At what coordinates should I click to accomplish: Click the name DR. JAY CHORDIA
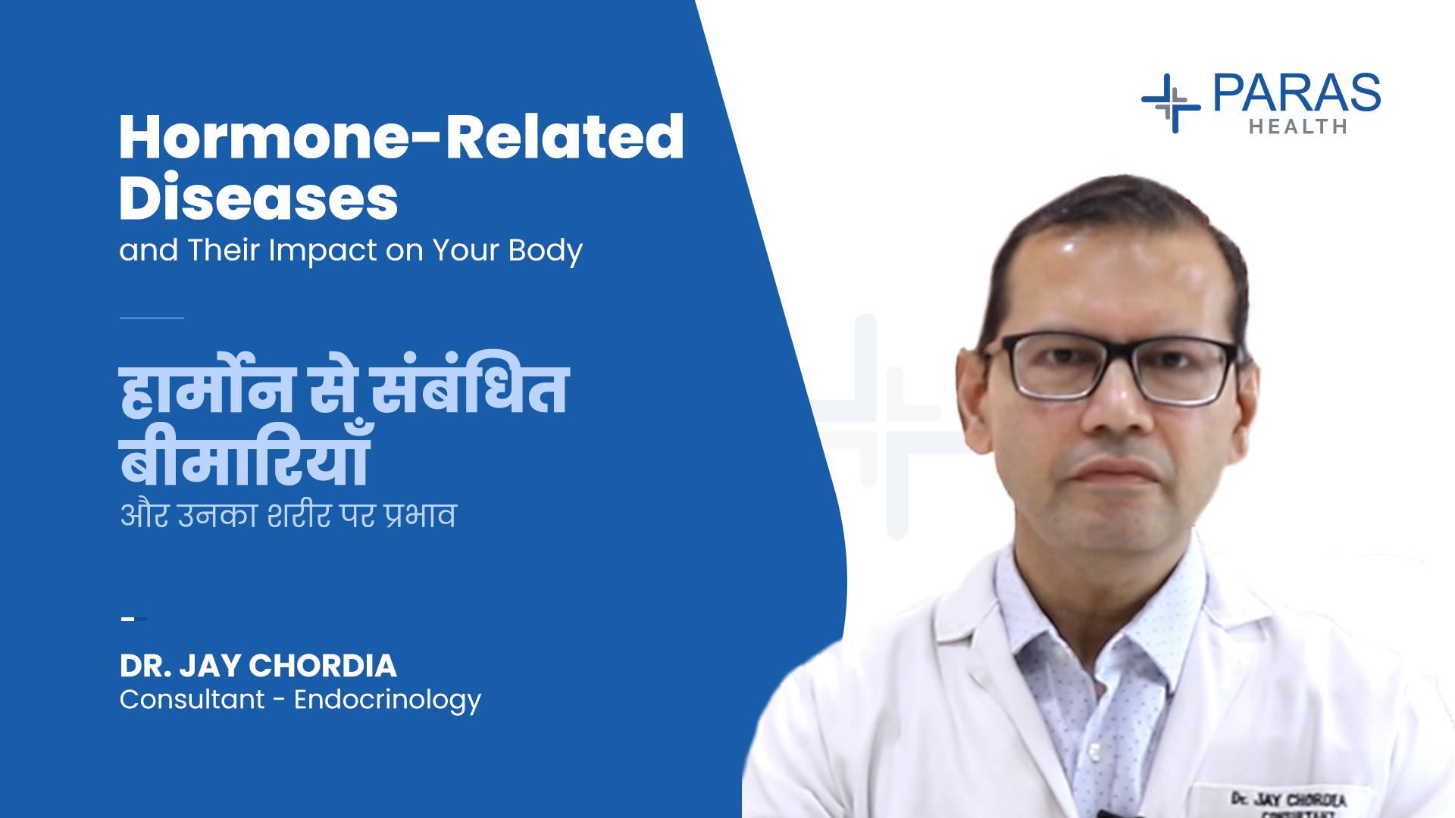coord(258,667)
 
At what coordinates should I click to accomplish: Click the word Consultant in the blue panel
coord(192,699)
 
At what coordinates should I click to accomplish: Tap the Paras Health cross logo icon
coord(1170,104)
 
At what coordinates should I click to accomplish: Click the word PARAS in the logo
coord(1297,92)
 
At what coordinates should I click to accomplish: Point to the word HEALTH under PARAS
coord(1297,126)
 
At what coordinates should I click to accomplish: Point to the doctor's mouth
coord(1118,476)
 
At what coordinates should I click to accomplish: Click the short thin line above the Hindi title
coord(152,318)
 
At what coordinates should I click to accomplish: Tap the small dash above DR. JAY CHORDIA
coord(133,619)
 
